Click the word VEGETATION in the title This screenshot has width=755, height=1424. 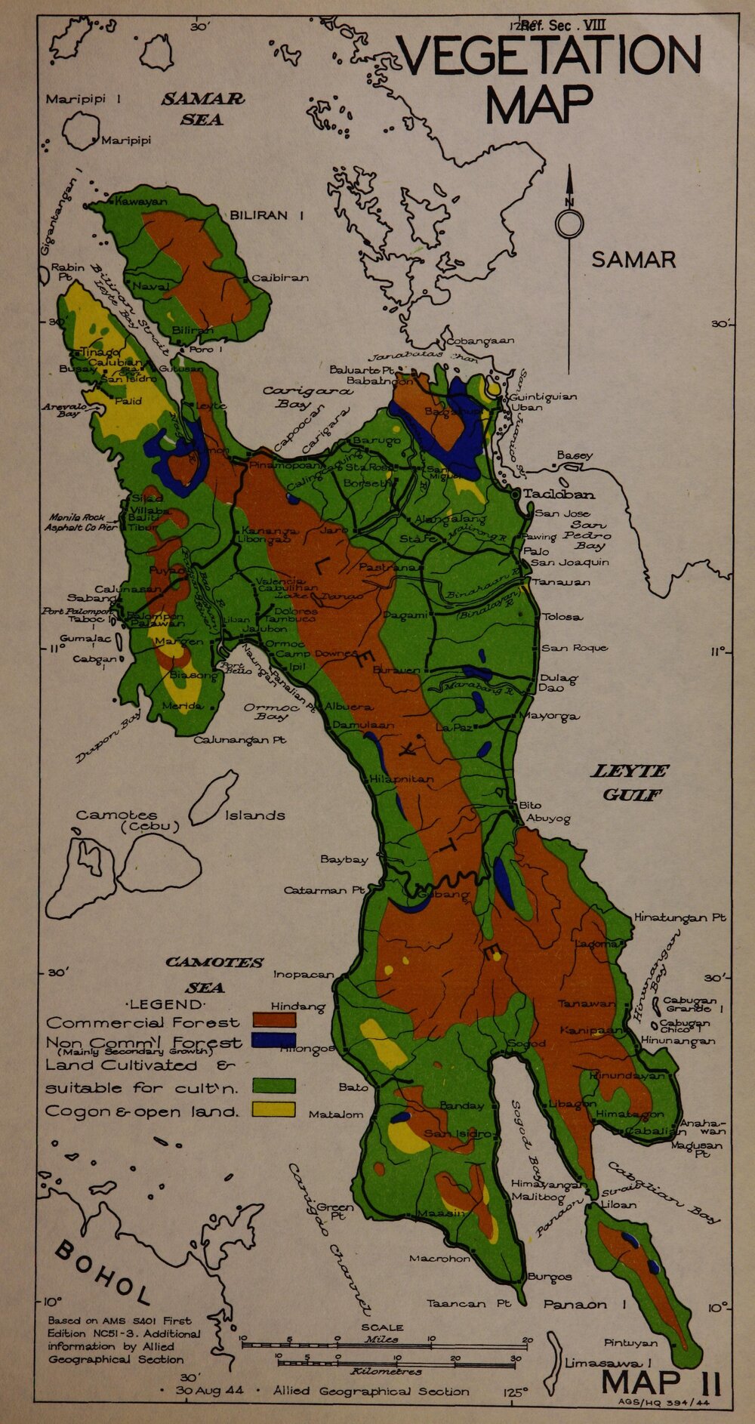(549, 56)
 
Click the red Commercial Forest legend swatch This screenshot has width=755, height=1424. (273, 1019)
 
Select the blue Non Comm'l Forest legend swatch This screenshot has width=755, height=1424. (273, 1040)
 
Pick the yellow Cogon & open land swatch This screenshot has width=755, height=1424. (273, 1108)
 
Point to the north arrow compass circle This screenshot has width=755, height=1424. (569, 224)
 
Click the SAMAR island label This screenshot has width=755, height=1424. (633, 260)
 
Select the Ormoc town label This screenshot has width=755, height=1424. (285, 644)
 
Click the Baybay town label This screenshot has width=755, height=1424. (344, 859)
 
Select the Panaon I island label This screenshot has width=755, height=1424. (586, 1305)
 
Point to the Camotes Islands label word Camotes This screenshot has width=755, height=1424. (116, 815)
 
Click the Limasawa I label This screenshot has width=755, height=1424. (608, 1364)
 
